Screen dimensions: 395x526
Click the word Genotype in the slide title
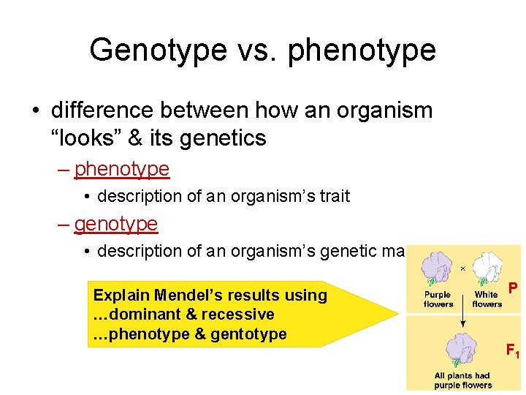(158, 50)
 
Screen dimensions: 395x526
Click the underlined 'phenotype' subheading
(122, 169)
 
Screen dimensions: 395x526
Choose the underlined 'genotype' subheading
(116, 223)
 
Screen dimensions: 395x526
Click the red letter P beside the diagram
(514, 288)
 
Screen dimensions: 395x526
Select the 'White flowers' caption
(487, 299)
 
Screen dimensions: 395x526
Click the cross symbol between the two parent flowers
(462, 268)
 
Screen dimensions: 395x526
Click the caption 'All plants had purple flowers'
(463, 380)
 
